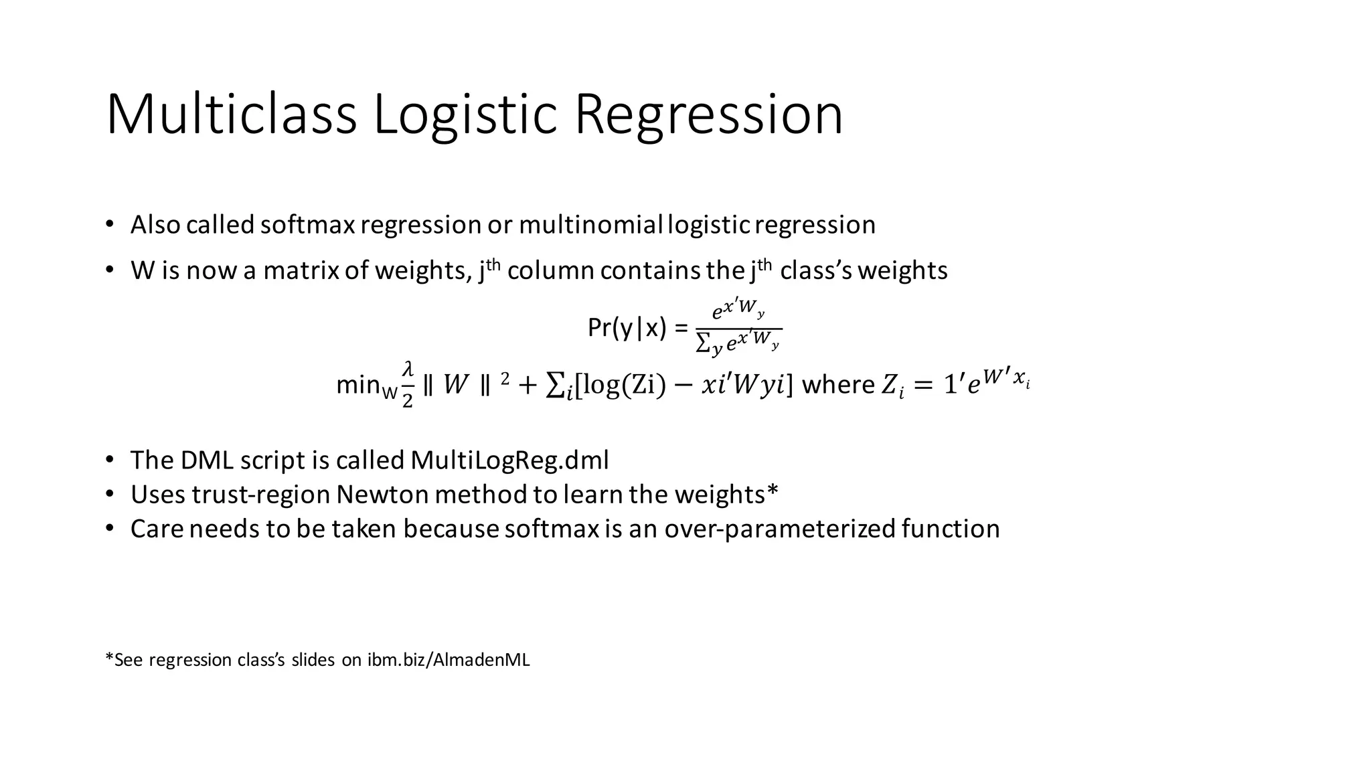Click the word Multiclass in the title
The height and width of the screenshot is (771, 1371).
tap(231, 115)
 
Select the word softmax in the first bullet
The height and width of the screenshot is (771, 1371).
tap(307, 225)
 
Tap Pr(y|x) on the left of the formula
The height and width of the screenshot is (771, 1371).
tap(627, 328)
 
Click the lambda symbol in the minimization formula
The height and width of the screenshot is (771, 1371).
tap(407, 369)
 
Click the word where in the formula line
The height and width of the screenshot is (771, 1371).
tap(837, 385)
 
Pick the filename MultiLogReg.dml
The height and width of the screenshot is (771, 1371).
tap(509, 460)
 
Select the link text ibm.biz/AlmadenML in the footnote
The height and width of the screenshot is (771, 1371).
tap(449, 660)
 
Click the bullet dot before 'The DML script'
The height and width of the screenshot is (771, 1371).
tap(110, 460)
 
